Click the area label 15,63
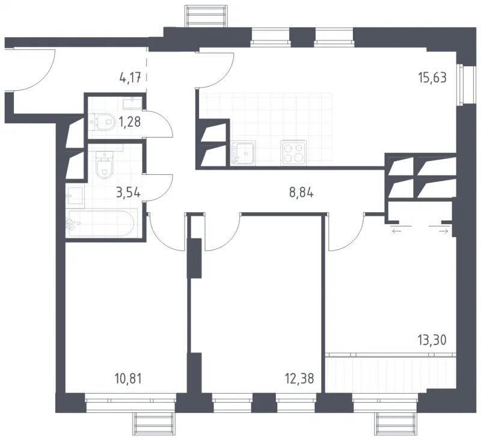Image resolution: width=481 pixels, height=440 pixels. [432, 78]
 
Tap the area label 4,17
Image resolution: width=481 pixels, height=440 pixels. [130, 78]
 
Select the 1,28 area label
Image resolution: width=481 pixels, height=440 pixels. [130, 123]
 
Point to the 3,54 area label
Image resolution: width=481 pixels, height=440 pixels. [129, 193]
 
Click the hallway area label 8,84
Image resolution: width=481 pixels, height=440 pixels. [301, 193]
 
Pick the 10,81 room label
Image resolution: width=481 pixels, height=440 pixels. [128, 379]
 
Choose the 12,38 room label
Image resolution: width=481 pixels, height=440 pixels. [299, 379]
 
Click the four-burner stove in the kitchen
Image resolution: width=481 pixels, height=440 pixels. [294, 153]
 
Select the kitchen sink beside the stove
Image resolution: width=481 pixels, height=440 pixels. [244, 153]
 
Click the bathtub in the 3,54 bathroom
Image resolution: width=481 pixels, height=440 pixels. [101, 223]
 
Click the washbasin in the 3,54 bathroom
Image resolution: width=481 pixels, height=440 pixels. [75, 197]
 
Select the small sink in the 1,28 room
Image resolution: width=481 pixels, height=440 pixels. [132, 103]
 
